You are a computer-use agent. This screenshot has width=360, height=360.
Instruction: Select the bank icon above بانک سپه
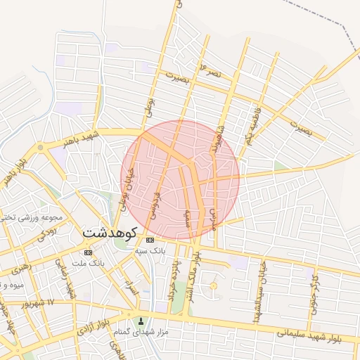coord(149,240)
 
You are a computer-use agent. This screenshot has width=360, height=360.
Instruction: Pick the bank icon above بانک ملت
coord(88,252)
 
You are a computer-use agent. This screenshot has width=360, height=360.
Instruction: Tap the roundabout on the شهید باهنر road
coord(40,147)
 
